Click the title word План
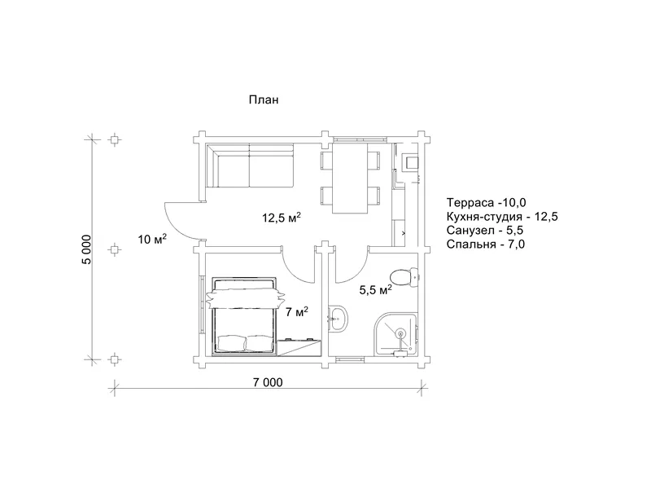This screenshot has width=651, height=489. click(x=264, y=99)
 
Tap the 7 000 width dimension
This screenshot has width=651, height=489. click(x=268, y=382)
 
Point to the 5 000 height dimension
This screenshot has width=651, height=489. click(x=86, y=249)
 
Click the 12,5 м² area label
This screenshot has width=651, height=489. click(x=281, y=217)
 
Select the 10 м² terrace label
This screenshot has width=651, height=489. click(x=152, y=239)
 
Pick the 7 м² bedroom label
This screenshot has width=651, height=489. click(x=297, y=311)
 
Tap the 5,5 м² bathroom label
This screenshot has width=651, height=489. click(x=376, y=289)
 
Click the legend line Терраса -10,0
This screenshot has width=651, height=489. click(x=486, y=202)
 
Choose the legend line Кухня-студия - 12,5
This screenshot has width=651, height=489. click(x=502, y=217)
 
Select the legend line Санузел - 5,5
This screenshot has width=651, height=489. click(x=485, y=231)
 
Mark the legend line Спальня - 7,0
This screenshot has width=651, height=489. click(x=486, y=244)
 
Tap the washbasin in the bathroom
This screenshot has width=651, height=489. click(x=339, y=319)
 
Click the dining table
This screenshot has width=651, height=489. click(x=350, y=178)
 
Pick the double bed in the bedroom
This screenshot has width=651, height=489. click(x=245, y=317)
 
